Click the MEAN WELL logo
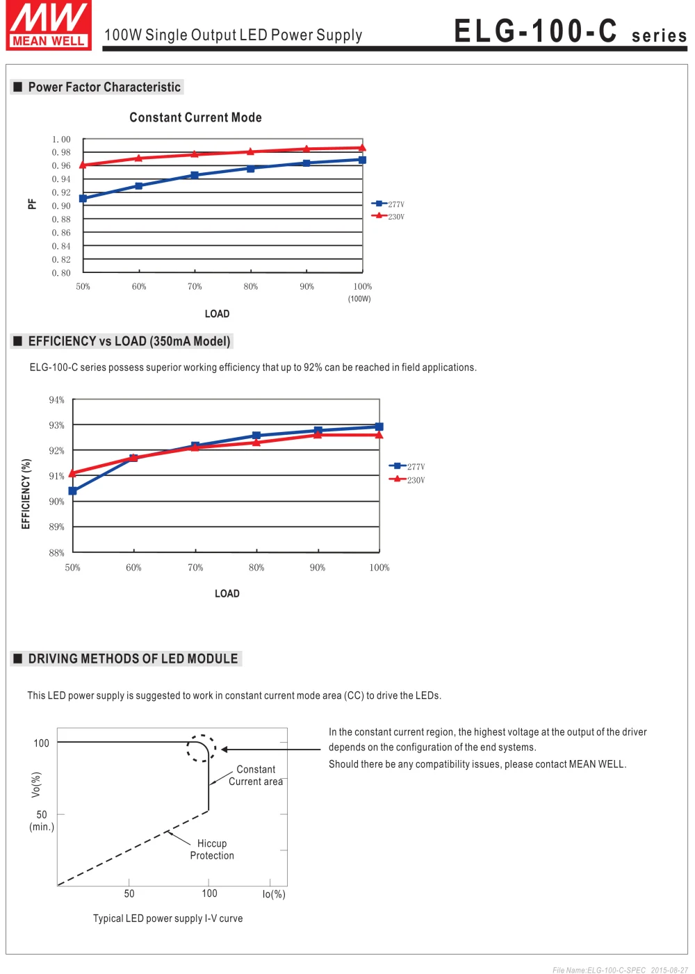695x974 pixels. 48,25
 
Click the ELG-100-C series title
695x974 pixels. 570,31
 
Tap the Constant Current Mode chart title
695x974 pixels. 195,117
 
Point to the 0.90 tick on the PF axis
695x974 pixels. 61,206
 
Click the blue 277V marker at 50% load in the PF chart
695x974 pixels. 83,198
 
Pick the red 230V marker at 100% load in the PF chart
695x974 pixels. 362,147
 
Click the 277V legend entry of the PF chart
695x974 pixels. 388,204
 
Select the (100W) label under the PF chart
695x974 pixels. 359,299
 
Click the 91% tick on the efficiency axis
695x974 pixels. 56,476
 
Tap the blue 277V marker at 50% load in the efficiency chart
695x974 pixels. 73,491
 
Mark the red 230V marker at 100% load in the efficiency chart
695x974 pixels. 379,435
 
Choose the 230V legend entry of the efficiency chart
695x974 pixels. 407,479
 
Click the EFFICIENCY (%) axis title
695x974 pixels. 26,493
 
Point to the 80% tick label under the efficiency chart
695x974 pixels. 256,568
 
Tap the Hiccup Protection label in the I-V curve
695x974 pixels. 212,849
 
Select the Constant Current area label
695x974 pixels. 256,775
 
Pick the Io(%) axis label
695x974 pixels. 274,894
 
